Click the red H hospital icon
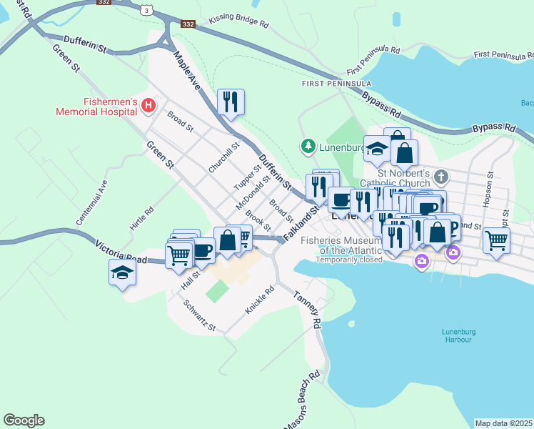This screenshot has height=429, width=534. [x=148, y=106]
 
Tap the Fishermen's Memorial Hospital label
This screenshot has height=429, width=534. [x=97, y=107]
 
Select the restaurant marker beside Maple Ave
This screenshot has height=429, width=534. [x=231, y=102]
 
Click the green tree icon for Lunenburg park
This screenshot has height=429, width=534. [x=308, y=147]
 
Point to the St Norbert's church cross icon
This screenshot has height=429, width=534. [x=441, y=176]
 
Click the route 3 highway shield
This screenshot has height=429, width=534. [x=146, y=9]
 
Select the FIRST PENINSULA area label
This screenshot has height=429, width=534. [x=328, y=84]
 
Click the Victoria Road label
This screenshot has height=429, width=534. [x=121, y=251]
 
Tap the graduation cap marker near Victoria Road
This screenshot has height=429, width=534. [x=122, y=273]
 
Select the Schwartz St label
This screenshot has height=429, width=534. [x=199, y=315]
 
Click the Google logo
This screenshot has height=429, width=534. [x=24, y=420]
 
